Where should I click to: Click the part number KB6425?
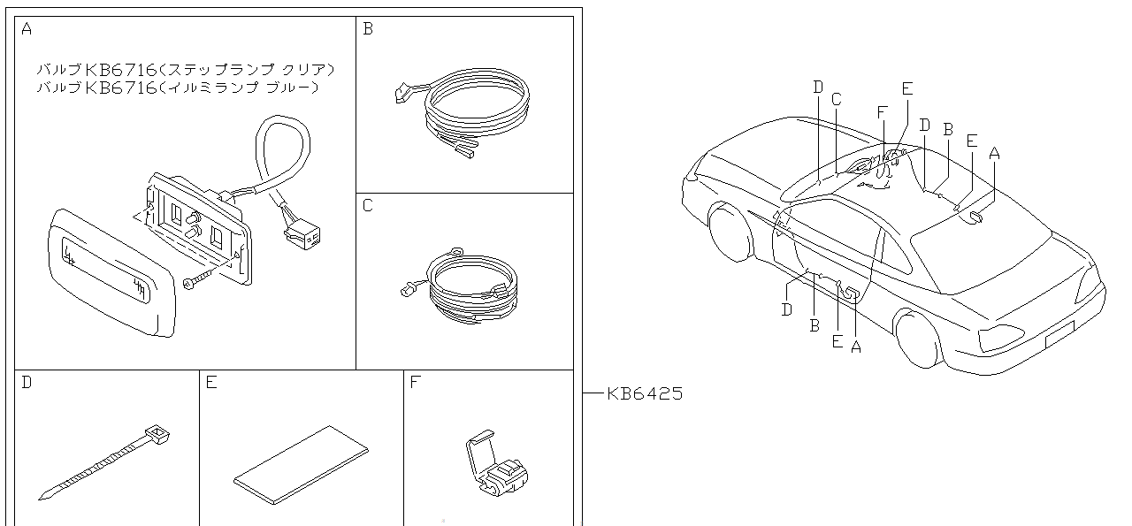[x=645, y=394]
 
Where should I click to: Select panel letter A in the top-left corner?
[x=26, y=29]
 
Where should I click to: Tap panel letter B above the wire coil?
[x=368, y=29]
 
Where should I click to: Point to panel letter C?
[x=368, y=206]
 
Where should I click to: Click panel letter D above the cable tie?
[x=26, y=383]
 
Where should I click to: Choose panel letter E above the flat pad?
[x=211, y=383]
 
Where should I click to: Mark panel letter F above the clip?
[x=415, y=383]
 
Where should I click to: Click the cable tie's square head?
[x=157, y=434]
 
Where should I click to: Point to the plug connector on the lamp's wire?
[x=302, y=234]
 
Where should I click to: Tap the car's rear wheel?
[x=916, y=337]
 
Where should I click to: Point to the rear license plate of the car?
[x=1059, y=334]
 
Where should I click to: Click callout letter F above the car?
[x=882, y=112]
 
